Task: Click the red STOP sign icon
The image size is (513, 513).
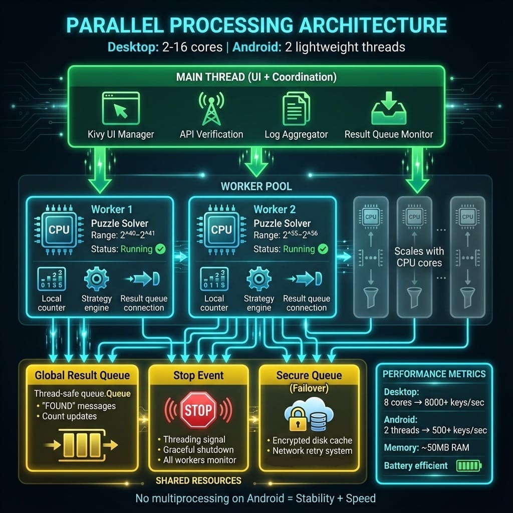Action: tap(198, 410)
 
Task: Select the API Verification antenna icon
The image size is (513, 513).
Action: tap(211, 108)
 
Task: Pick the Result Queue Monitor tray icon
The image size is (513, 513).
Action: tap(388, 109)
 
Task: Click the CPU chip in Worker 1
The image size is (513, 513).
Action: tap(59, 230)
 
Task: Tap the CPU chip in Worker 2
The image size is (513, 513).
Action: tap(221, 230)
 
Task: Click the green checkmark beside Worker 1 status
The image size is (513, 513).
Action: tap(160, 249)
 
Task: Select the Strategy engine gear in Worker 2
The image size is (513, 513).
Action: tap(259, 278)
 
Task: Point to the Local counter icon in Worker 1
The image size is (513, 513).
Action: tap(51, 279)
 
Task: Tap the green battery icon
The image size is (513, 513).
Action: tap(468, 466)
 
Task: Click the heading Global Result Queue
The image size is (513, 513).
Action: tap(82, 375)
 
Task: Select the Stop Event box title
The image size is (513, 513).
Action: tap(198, 375)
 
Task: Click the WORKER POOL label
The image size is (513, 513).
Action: tap(256, 186)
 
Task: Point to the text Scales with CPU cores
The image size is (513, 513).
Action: tap(418, 256)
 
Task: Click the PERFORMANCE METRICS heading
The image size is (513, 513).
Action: tap(434, 374)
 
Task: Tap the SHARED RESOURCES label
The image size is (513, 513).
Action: tap(198, 480)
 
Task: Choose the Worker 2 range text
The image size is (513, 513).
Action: tap(282, 236)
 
